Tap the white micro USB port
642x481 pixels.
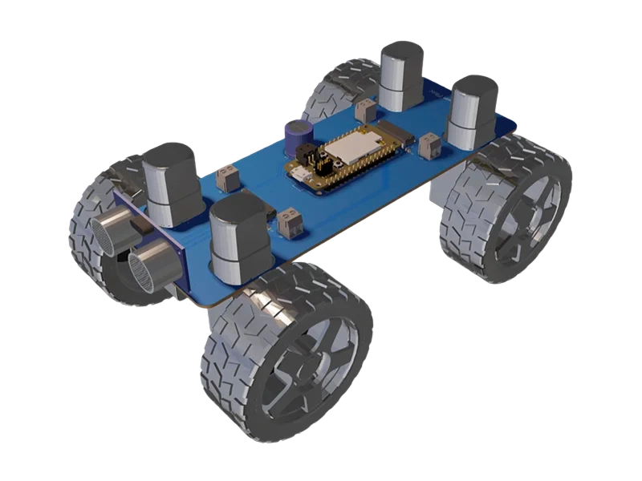point(298,174)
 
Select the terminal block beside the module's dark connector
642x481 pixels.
point(428,145)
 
